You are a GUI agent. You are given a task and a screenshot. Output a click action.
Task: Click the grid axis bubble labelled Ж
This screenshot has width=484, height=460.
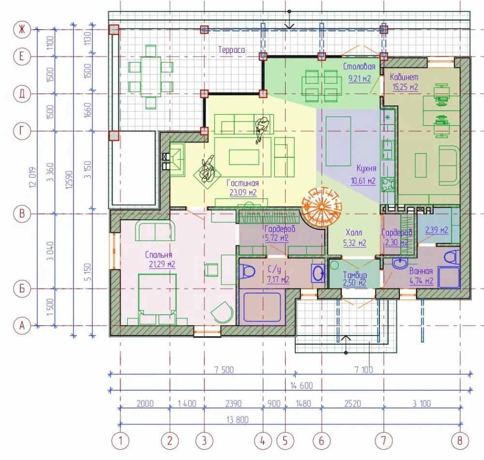click(22, 30)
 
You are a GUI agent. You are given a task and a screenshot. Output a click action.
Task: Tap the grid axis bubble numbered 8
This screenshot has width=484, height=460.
click(460, 441)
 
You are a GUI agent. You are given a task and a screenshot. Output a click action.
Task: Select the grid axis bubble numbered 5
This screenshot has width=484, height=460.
click(285, 441)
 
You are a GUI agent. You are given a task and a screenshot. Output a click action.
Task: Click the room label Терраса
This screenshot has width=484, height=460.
click(231, 50)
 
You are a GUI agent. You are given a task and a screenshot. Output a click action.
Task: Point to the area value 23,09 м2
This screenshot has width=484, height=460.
click(243, 193)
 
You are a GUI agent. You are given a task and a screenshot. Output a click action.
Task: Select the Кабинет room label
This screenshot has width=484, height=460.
click(404, 77)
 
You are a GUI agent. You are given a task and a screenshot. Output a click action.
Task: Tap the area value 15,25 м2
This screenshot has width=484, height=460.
click(405, 87)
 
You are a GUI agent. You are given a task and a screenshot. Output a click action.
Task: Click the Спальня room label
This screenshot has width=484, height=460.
click(158, 255)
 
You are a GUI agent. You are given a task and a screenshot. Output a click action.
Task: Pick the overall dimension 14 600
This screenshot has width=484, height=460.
click(301, 385)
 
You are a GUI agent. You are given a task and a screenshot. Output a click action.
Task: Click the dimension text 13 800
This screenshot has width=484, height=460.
click(237, 420)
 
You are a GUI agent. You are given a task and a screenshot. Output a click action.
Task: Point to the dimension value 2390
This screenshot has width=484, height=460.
click(233, 403)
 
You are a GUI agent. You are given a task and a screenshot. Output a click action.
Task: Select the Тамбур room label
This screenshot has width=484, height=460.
click(355, 275)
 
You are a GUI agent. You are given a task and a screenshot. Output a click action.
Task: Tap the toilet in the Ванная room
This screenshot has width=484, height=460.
click(451, 257)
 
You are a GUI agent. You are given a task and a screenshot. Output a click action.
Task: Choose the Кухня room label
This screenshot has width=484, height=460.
click(366, 168)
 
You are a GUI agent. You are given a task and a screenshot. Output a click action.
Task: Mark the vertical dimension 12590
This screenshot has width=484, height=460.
click(69, 180)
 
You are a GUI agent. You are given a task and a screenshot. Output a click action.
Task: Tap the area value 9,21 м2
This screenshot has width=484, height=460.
click(360, 78)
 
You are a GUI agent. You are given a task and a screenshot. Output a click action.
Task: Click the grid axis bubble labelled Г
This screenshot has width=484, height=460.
click(22, 131)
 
